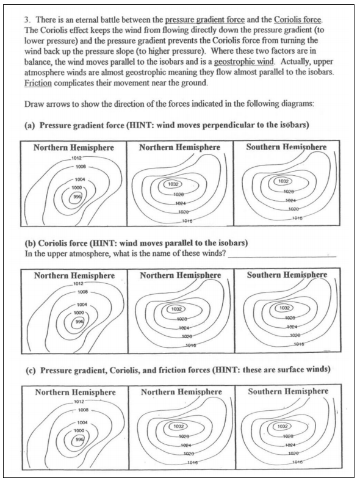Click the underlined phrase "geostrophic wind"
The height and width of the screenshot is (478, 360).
click(x=244, y=62)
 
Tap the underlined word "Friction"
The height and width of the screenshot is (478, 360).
click(x=38, y=83)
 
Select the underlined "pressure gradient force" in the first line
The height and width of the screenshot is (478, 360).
click(x=204, y=20)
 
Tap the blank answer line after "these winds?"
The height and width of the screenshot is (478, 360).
click(x=282, y=257)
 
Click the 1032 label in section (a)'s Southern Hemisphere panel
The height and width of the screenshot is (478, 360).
click(x=283, y=181)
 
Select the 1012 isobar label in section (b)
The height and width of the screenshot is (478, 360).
click(x=77, y=284)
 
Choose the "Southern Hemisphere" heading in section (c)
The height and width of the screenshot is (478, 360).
click(x=288, y=391)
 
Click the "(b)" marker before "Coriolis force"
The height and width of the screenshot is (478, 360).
click(x=30, y=243)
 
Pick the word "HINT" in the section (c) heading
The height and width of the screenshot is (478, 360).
click(x=228, y=370)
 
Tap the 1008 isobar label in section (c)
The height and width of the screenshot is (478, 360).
click(x=83, y=410)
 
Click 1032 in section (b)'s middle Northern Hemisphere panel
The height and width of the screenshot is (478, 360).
click(x=177, y=309)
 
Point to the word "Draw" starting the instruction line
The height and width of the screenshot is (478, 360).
click(x=34, y=104)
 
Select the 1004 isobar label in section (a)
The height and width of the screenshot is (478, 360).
click(x=80, y=179)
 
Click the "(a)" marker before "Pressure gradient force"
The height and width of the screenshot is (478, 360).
click(x=30, y=126)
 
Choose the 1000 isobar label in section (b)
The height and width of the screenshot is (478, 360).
click(x=79, y=313)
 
